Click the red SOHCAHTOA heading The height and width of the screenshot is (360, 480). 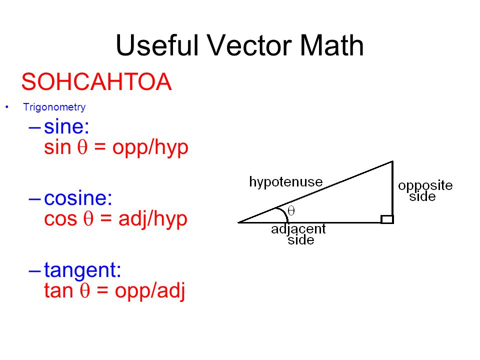(x=96, y=82)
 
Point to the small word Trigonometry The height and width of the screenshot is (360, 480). (x=54, y=107)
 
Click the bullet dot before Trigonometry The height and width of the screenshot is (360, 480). (x=7, y=107)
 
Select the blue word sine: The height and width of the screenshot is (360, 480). (x=66, y=127)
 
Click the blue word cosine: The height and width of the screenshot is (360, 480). (x=78, y=198)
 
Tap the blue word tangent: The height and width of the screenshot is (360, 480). (x=82, y=270)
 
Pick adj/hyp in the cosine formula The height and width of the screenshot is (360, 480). (x=152, y=219)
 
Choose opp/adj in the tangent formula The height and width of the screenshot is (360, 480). (x=150, y=291)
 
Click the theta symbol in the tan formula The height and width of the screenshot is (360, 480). (x=84, y=291)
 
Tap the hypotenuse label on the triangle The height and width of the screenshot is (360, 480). (x=286, y=181)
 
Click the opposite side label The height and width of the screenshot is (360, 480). (x=425, y=190)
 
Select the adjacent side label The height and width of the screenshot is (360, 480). (x=298, y=234)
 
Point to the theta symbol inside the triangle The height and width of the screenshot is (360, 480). (x=291, y=211)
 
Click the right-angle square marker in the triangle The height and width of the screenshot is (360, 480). (x=387, y=219)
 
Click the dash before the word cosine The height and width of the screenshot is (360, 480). (x=35, y=198)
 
